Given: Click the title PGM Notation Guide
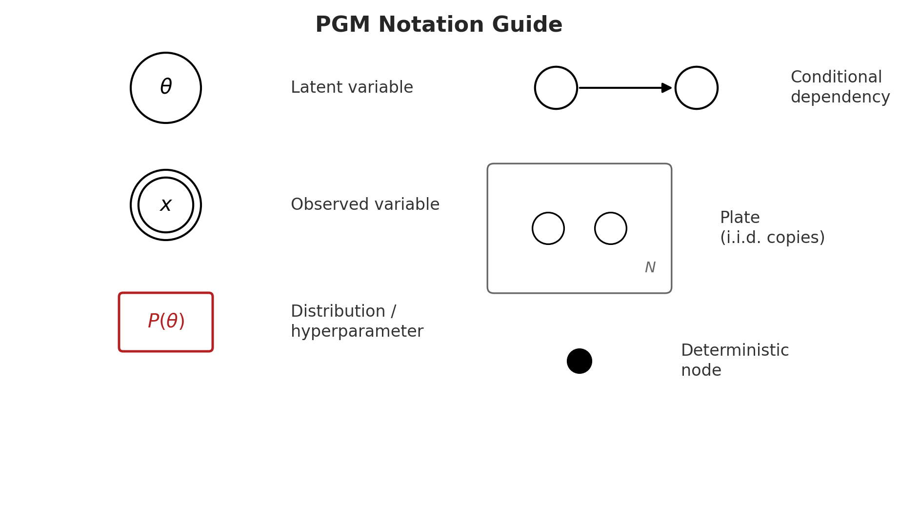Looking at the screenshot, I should (439, 25).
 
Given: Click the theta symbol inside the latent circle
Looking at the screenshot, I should (166, 87).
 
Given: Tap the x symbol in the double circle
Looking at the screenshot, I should (166, 205).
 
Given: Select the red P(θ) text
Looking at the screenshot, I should (166, 322).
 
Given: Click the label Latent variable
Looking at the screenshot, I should (352, 88).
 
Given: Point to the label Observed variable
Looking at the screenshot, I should (365, 205).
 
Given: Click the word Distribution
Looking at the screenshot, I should (338, 312).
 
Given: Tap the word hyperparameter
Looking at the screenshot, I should (357, 332).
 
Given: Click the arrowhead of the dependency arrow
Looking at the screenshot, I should (666, 88).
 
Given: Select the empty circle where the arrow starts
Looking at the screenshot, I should (556, 88).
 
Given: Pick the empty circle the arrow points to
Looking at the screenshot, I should (697, 88).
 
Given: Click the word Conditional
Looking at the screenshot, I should (836, 78).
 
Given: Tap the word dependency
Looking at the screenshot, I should (840, 98).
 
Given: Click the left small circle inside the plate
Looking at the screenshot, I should (548, 228).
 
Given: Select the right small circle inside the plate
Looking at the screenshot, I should (611, 228).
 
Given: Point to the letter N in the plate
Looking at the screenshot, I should (650, 267).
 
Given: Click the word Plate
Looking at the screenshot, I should (740, 218).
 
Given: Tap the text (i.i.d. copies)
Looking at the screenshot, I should (772, 238).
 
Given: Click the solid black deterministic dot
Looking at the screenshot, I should (580, 361).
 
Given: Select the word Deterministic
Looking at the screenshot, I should (735, 351).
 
